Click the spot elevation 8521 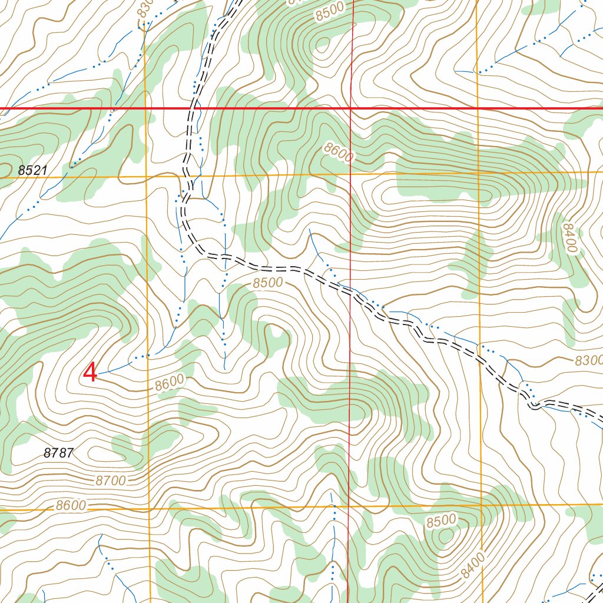click(x=32, y=170)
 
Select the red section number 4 click(x=90, y=373)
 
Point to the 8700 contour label click(x=110, y=481)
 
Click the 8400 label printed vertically click(x=569, y=238)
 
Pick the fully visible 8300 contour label click(x=587, y=360)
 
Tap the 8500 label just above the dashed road click(x=268, y=283)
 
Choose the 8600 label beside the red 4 click(x=170, y=383)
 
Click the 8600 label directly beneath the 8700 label click(x=71, y=505)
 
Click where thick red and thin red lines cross click(x=350, y=108)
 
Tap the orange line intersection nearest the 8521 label click(x=145, y=176)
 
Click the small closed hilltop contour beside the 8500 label click(x=446, y=536)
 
